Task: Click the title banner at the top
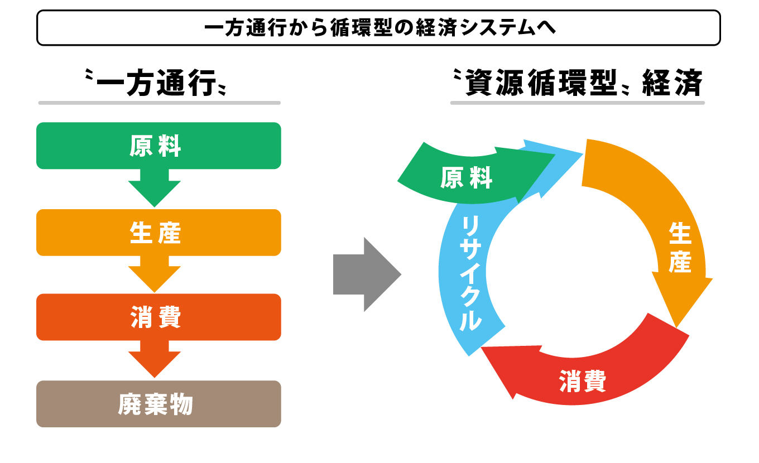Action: pos(378,28)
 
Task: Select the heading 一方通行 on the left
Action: pos(155,83)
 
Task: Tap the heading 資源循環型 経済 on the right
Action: pos(578,83)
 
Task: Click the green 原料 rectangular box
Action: pos(158,146)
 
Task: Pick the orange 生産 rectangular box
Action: pos(158,233)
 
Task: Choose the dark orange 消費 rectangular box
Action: pos(158,317)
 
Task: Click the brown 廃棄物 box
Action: pos(158,404)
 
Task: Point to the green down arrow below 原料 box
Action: pos(155,188)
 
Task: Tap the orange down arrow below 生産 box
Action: pos(155,274)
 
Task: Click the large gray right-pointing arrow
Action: pos(367,274)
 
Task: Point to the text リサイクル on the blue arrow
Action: pos(470,273)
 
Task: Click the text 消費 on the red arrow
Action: pos(583,381)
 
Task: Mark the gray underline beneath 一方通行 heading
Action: pos(159,103)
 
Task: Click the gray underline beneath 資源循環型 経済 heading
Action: pos(578,103)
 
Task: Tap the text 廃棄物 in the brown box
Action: pos(155,404)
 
